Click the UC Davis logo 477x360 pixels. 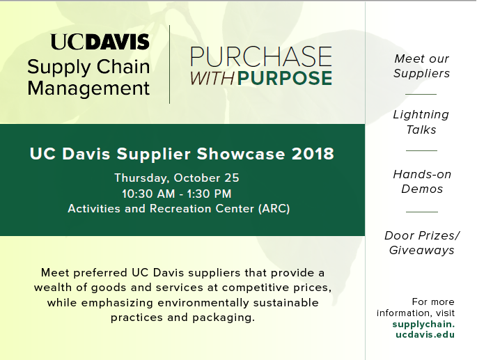click(x=100, y=42)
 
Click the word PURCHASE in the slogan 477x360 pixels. click(x=261, y=56)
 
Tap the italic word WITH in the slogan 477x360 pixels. click(x=212, y=79)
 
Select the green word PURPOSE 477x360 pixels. click(x=284, y=78)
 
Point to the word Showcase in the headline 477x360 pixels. click(x=241, y=154)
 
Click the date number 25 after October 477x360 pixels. click(x=232, y=178)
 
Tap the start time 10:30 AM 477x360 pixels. click(x=148, y=194)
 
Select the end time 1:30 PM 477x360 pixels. click(x=209, y=194)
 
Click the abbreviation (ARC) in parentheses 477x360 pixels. click(x=274, y=209)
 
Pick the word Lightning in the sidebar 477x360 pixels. click(x=421, y=115)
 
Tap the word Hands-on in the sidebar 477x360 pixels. click(x=422, y=174)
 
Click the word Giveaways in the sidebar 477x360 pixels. click(x=421, y=251)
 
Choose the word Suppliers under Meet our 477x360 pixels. click(x=421, y=74)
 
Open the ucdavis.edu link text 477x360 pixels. click(x=425, y=335)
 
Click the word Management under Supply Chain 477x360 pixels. click(x=88, y=89)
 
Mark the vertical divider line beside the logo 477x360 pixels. click(x=169, y=65)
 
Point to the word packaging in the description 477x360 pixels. click(x=224, y=318)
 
